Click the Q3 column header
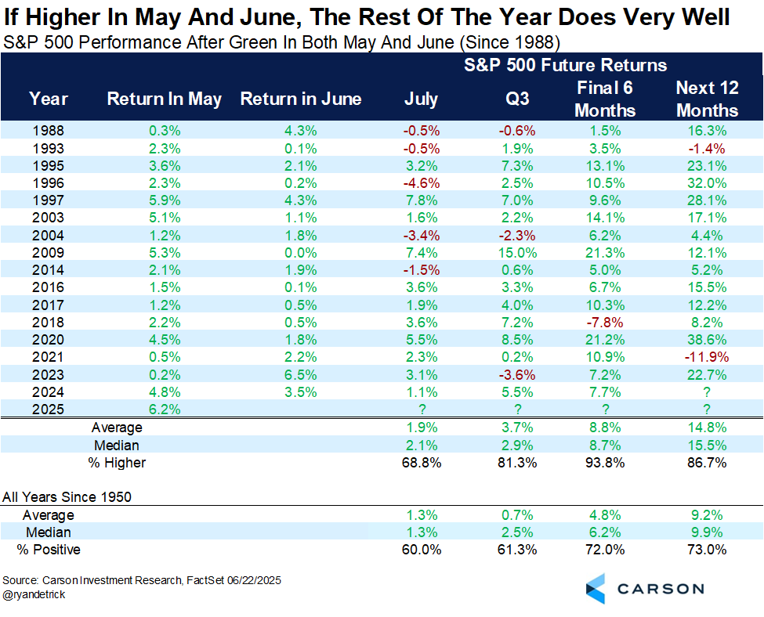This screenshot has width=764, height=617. (x=517, y=99)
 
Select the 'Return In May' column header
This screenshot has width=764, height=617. (x=164, y=99)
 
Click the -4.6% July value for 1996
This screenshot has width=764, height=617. (x=421, y=182)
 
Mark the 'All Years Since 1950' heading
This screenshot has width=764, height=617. (x=67, y=496)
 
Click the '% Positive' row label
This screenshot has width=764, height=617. (x=49, y=550)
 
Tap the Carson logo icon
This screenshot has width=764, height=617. (x=596, y=588)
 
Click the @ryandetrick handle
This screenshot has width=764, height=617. (x=34, y=595)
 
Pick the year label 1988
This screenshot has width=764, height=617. (x=48, y=131)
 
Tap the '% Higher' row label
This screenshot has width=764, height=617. (x=118, y=463)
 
